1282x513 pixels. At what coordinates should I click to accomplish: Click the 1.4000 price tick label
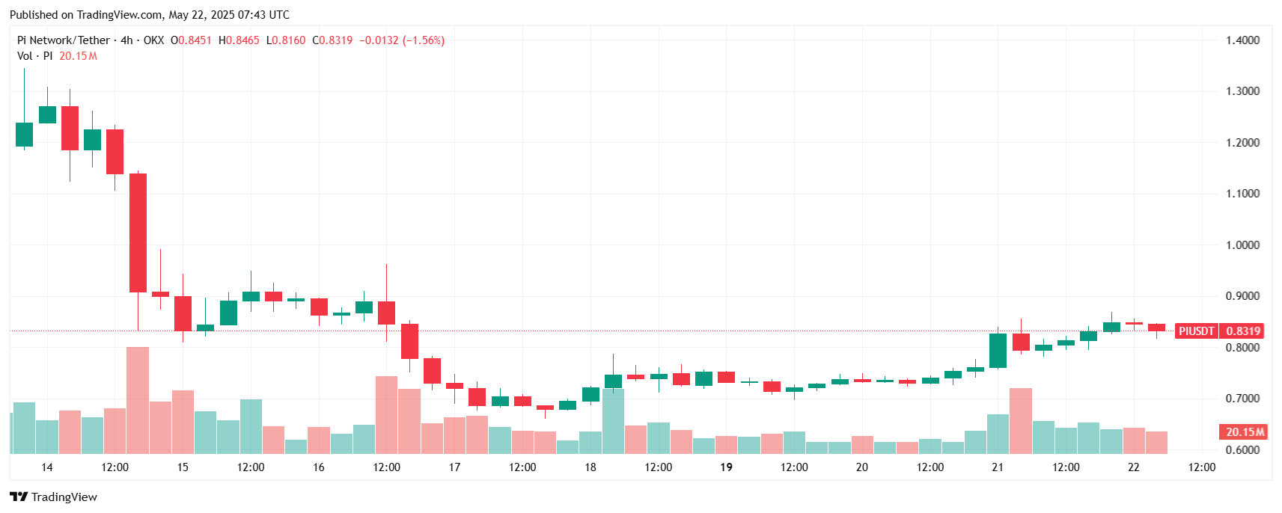point(1242,40)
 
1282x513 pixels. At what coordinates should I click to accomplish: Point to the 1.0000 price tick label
point(1242,245)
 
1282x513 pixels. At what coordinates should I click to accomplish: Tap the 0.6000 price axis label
point(1242,450)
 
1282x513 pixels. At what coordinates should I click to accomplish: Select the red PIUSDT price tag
point(1196,331)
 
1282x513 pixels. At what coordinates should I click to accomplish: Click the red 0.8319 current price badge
point(1243,331)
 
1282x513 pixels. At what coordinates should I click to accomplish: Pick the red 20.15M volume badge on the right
point(1245,432)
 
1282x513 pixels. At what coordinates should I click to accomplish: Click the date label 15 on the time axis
point(183,467)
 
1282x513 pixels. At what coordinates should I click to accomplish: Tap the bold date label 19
point(726,467)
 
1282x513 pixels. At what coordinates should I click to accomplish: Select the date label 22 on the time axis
point(1133,467)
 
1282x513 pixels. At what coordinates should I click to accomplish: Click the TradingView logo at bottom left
point(53,497)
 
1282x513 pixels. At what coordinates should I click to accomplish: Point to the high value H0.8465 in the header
point(239,40)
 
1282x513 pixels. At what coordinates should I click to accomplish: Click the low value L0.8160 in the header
point(286,40)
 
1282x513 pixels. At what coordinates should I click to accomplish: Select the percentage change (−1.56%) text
point(424,40)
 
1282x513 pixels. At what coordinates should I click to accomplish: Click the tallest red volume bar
point(138,400)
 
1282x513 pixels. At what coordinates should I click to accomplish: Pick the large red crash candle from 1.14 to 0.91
point(138,233)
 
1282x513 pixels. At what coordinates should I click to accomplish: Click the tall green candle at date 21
point(998,350)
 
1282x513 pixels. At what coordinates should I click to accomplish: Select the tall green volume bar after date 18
point(613,420)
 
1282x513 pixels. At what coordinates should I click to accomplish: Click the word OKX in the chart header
point(153,40)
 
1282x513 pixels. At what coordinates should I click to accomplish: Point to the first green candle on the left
point(24,135)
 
